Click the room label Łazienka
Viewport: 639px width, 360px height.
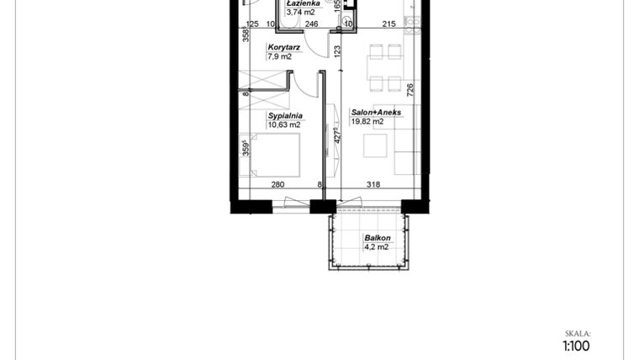pyautogui.click(x=304, y=3)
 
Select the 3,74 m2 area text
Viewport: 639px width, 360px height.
pyautogui.click(x=302, y=13)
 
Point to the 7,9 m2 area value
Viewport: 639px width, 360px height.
pyautogui.click(x=280, y=57)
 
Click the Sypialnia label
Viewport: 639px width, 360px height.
pyautogui.click(x=285, y=115)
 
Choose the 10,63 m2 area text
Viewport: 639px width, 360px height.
pyautogui.click(x=284, y=124)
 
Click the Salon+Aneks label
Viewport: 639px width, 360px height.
pyautogui.click(x=376, y=112)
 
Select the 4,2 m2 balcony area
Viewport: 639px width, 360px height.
pyautogui.click(x=376, y=247)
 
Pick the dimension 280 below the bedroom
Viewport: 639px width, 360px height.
pyautogui.click(x=278, y=187)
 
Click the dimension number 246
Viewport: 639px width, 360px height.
pyautogui.click(x=311, y=25)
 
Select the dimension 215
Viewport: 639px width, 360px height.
pyautogui.click(x=388, y=25)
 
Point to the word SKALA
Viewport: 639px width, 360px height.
pyautogui.click(x=578, y=333)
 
